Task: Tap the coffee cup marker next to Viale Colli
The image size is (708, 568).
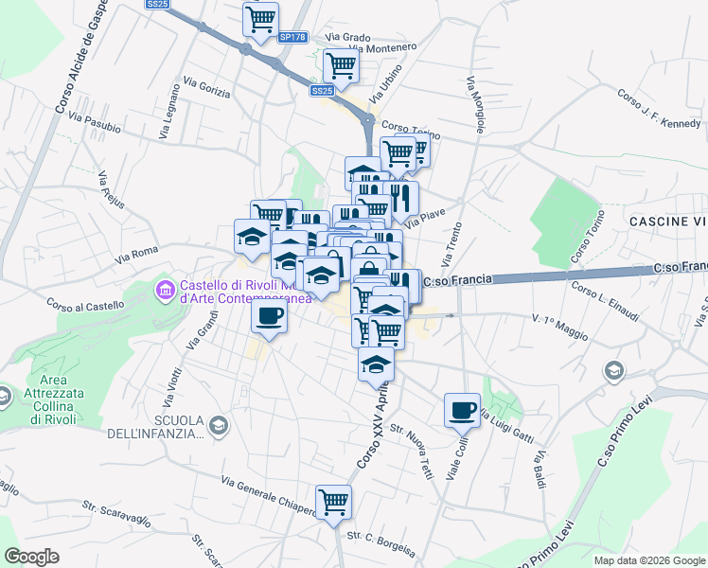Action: pyautogui.click(x=462, y=408)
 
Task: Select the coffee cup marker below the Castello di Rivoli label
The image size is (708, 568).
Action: pyautogui.click(x=270, y=315)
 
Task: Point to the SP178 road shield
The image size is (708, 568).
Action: pyautogui.click(x=292, y=37)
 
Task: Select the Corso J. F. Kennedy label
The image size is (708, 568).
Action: pyautogui.click(x=657, y=109)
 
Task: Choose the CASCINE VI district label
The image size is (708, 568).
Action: pyautogui.click(x=667, y=221)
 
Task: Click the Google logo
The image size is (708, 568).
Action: pyautogui.click(x=32, y=557)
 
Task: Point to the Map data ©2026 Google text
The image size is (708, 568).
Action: pyautogui.click(x=649, y=560)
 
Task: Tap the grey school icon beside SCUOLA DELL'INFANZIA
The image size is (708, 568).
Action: pyautogui.click(x=220, y=426)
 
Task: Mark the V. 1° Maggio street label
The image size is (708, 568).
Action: pyautogui.click(x=559, y=327)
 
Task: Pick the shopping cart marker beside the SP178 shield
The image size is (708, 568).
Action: pyautogui.click(x=259, y=19)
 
